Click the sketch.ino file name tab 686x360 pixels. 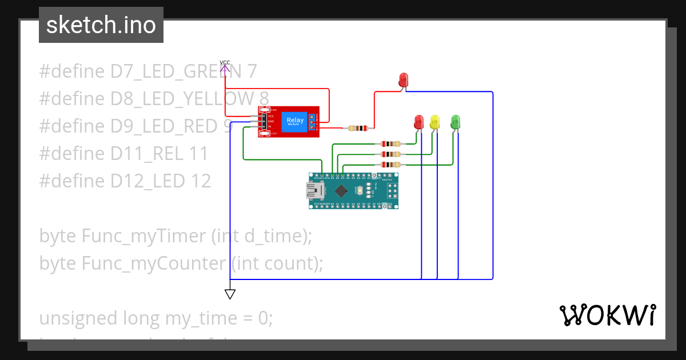pyautogui.click(x=101, y=25)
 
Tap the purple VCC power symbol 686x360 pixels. pyautogui.click(x=225, y=69)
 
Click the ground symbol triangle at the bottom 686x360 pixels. pyautogui.click(x=230, y=294)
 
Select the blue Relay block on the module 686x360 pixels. pyautogui.click(x=295, y=121)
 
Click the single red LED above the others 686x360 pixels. pyautogui.click(x=404, y=80)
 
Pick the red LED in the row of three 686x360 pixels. pyautogui.click(x=418, y=122)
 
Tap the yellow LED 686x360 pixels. pyautogui.click(x=434, y=122)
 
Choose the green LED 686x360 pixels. pyautogui.click(x=456, y=122)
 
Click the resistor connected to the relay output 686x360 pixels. pyautogui.click(x=358, y=128)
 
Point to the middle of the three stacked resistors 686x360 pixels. pyautogui.click(x=390, y=154)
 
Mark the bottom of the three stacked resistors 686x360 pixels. pyautogui.click(x=390, y=165)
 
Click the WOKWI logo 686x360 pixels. pyautogui.click(x=607, y=315)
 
